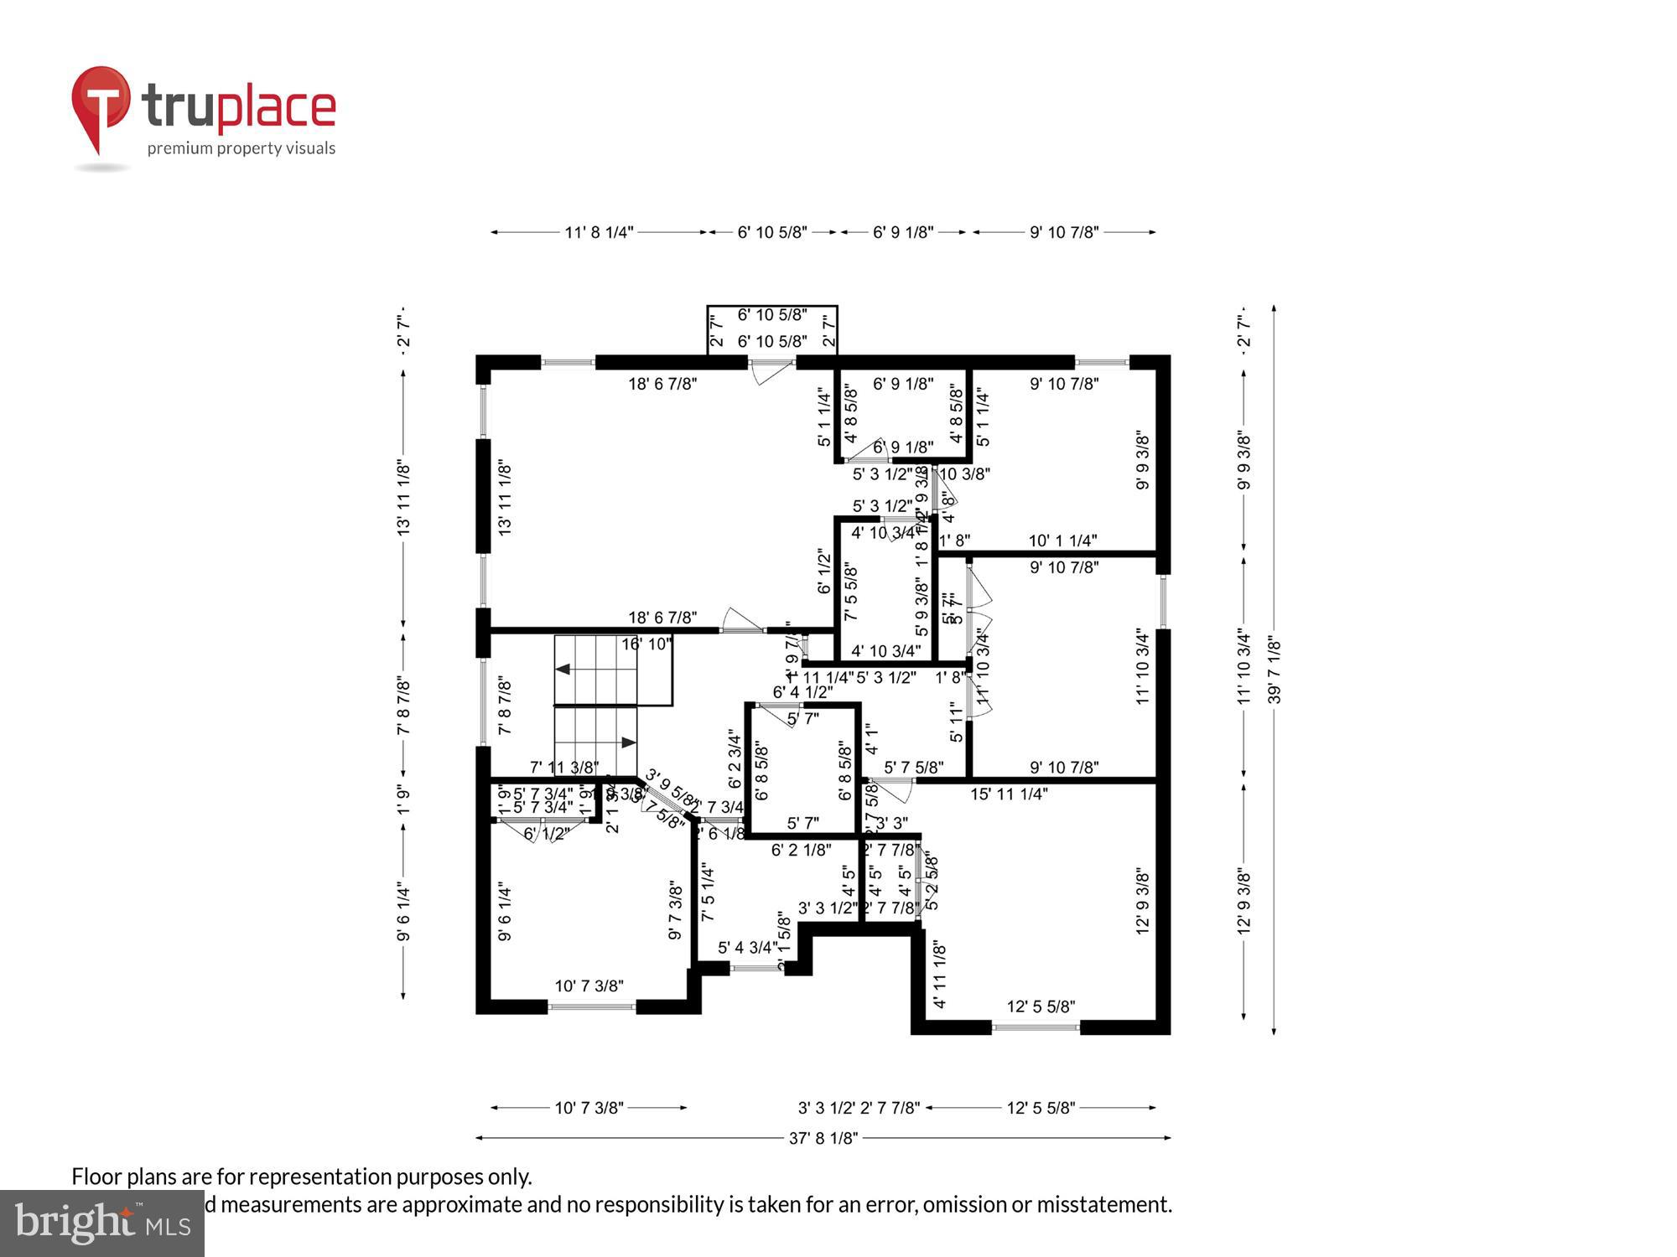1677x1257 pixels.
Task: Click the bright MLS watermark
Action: click(101, 1223)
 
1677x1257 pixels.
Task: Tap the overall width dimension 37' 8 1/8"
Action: click(823, 1138)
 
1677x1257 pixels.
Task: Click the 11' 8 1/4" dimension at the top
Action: click(599, 232)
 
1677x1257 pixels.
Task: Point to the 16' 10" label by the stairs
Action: click(646, 644)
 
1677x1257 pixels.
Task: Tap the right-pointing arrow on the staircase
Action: click(628, 742)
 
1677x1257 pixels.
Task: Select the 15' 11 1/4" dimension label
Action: click(1009, 794)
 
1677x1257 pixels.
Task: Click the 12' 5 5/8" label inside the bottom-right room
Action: click(1041, 1006)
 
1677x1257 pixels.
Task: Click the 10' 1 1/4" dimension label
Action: click(1062, 541)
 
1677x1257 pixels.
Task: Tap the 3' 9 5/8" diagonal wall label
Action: click(671, 788)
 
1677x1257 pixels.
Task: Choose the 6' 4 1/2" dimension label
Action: click(802, 692)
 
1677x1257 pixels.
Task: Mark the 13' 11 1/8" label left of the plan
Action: click(403, 497)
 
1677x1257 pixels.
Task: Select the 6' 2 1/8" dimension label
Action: click(801, 850)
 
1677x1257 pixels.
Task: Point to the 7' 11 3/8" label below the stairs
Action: click(564, 767)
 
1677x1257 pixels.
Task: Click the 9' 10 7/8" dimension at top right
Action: click(1064, 232)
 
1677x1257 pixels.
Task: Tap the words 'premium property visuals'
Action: click(241, 149)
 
